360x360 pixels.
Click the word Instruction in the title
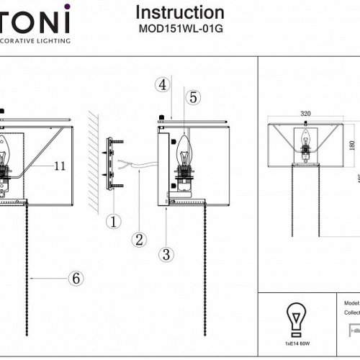point(180,13)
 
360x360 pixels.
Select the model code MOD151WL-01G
point(180,31)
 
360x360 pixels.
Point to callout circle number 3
point(166,253)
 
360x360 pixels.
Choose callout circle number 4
point(163,84)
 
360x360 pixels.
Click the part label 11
point(59,166)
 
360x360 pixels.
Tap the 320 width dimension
point(306,114)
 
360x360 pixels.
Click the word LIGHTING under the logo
point(58,42)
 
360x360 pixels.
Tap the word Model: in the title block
point(352,305)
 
